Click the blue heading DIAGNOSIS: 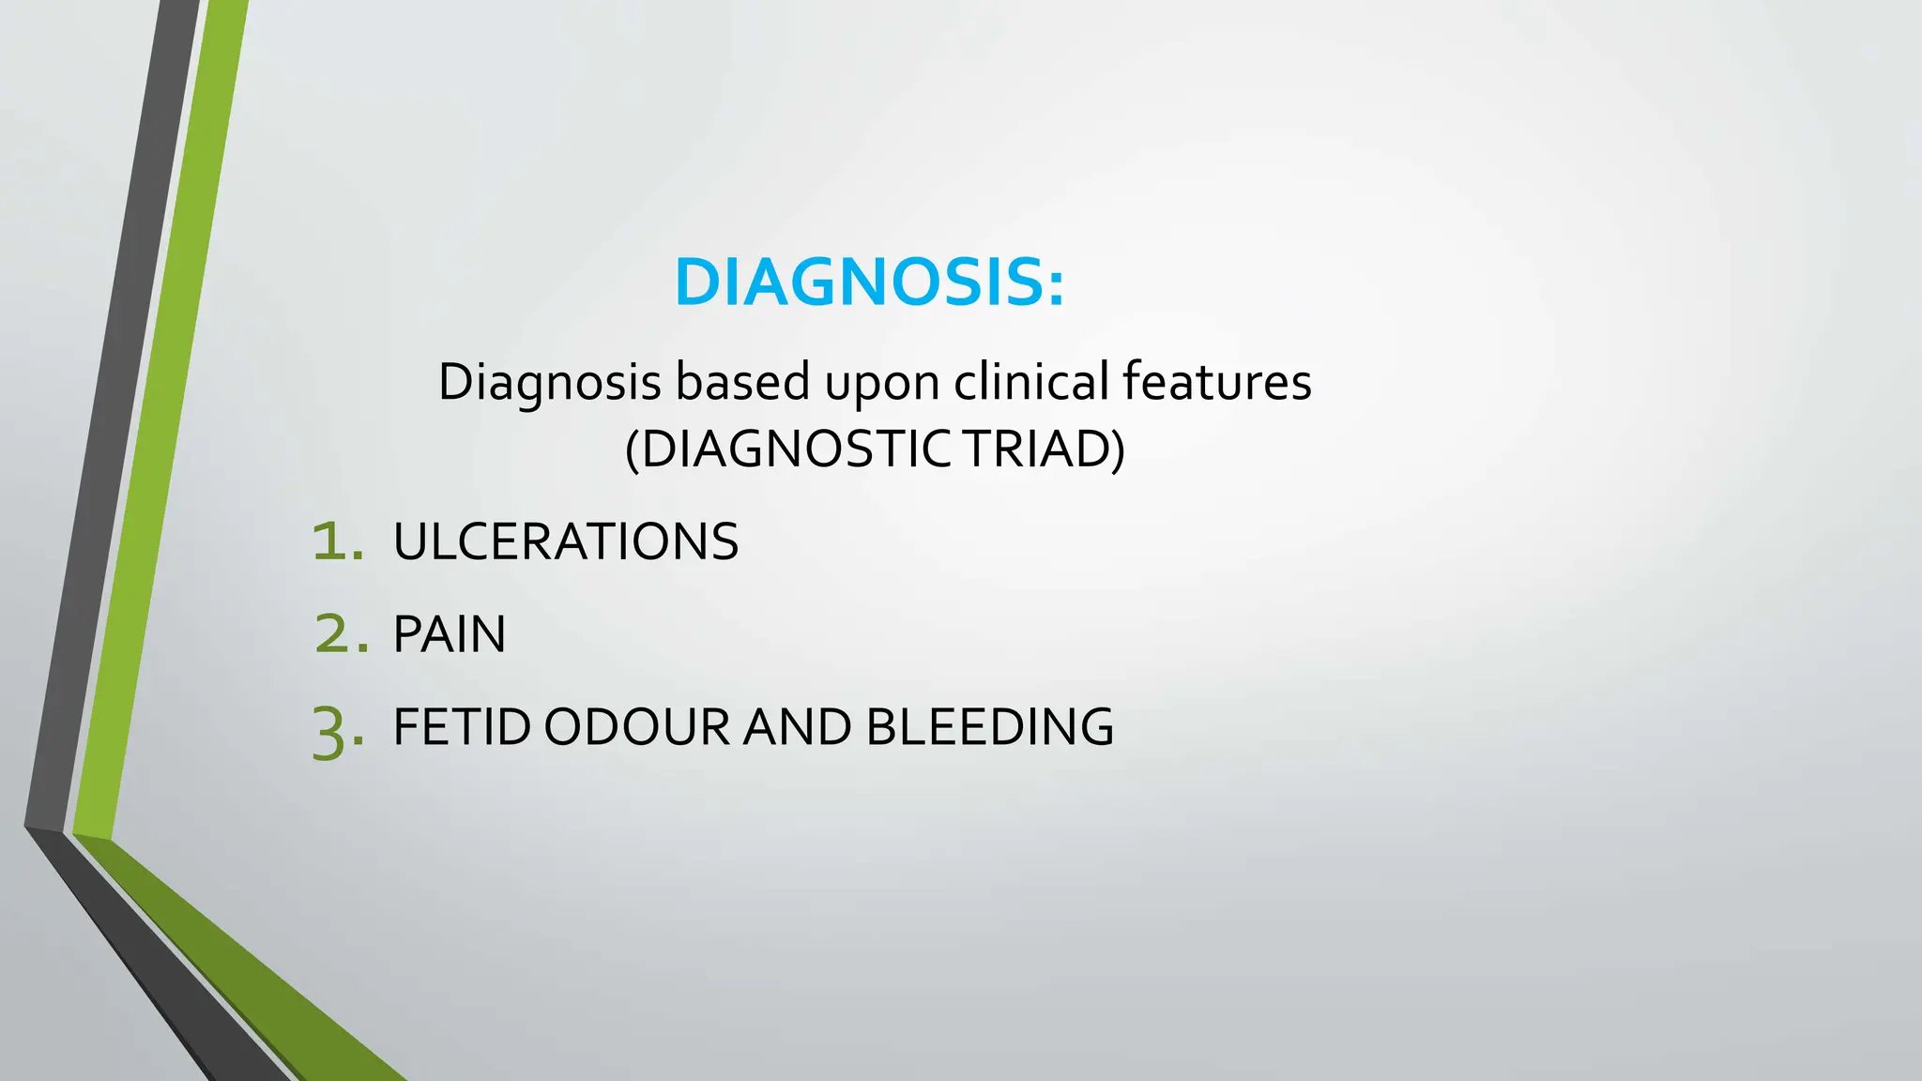869,282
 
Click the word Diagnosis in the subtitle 550,382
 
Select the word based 742,382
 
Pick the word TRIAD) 1045,449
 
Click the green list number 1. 336,542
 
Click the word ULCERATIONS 566,542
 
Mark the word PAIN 450,634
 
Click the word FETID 462,727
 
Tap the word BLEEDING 989,727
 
